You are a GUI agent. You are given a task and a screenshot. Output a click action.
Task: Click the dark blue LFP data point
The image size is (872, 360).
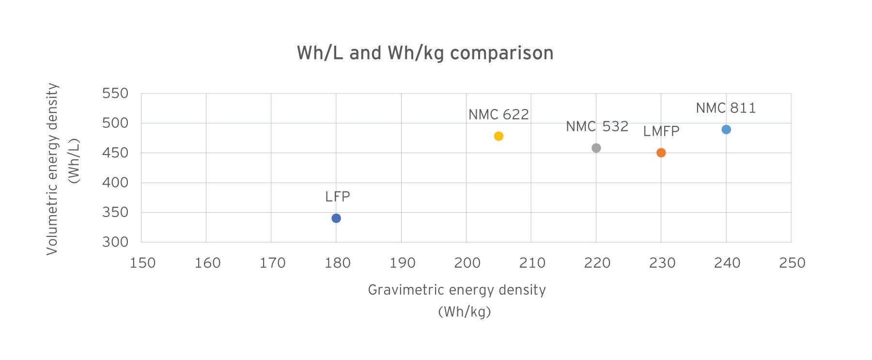click(336, 218)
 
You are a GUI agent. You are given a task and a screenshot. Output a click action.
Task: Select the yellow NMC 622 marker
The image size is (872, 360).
click(498, 136)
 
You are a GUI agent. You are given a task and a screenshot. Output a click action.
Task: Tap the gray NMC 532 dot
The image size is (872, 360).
click(596, 148)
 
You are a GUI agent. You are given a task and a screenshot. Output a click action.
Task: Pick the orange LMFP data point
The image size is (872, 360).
click(661, 153)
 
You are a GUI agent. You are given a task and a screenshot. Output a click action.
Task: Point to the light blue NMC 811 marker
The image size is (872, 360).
click(726, 129)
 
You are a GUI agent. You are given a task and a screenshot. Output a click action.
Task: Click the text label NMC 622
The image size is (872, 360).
click(498, 115)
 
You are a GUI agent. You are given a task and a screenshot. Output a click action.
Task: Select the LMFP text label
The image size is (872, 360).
click(661, 131)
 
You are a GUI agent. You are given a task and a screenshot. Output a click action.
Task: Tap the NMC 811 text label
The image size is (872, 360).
click(726, 108)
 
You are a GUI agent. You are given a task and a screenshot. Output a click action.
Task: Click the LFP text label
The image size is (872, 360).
click(337, 197)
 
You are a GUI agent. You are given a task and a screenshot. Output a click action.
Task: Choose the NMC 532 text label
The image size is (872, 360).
click(597, 126)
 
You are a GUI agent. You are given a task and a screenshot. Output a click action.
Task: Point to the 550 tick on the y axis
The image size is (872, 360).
click(115, 94)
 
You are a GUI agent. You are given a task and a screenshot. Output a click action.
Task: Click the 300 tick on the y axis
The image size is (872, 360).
click(115, 242)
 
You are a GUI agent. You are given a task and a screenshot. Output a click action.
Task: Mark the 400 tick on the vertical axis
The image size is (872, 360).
click(115, 183)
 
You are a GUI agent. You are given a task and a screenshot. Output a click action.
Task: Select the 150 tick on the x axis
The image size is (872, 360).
click(143, 263)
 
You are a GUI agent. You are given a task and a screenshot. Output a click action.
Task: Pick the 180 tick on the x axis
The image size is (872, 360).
click(338, 263)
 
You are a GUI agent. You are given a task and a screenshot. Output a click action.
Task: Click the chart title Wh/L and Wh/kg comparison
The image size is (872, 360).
click(425, 53)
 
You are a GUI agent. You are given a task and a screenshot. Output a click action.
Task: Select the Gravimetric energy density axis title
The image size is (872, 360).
click(457, 290)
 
